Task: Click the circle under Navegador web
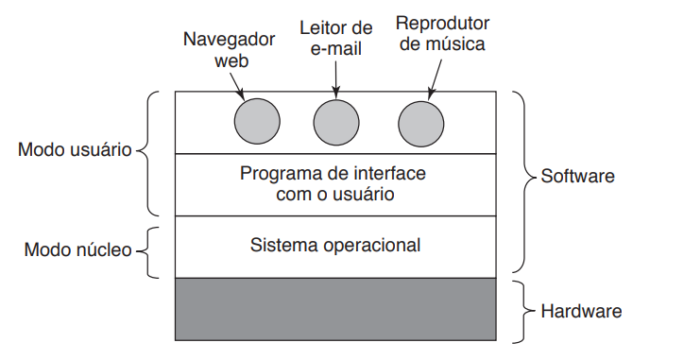(x=257, y=123)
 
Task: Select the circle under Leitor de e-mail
(x=337, y=123)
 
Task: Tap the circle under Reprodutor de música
(x=420, y=123)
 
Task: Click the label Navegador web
(x=229, y=50)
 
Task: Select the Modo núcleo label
(x=77, y=250)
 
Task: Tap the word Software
(x=577, y=177)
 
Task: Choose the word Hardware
(x=580, y=309)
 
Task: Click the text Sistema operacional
(x=335, y=246)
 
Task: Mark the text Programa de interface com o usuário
(x=333, y=184)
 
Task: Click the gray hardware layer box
(x=335, y=309)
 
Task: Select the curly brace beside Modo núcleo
(x=150, y=250)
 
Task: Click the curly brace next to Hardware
(x=522, y=309)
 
